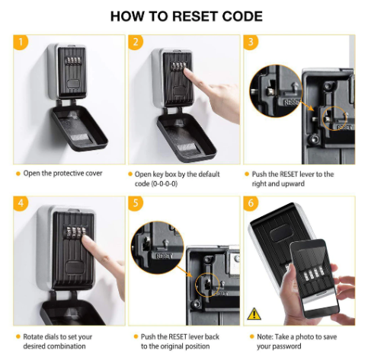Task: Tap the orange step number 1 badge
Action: point(20,42)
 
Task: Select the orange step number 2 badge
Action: point(136,42)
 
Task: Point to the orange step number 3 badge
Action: point(251,42)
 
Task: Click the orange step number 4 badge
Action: point(21,203)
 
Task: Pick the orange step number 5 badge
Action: point(136,203)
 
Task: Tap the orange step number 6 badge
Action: point(251,203)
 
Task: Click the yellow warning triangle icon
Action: point(254,314)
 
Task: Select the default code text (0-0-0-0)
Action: point(164,183)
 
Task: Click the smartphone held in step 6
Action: point(314,279)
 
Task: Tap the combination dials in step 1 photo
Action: point(74,61)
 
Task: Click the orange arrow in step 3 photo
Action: point(306,105)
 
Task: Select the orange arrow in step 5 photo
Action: point(184,271)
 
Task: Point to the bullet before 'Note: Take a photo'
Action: point(251,336)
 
